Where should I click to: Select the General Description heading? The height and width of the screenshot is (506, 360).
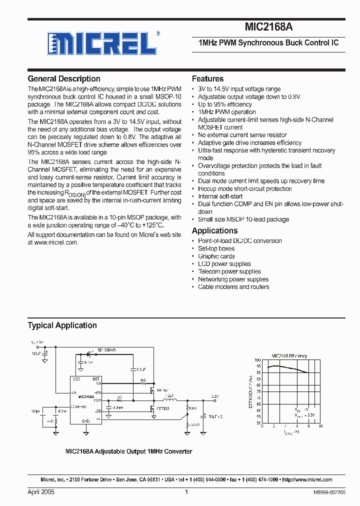[64, 79]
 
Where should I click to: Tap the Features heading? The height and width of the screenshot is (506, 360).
[207, 79]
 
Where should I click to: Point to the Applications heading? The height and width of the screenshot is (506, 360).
[214, 230]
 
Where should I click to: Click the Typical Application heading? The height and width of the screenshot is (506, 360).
[62, 325]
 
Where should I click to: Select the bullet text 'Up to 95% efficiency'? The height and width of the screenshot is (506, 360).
[224, 104]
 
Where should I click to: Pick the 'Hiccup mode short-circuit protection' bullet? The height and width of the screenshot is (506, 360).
[244, 189]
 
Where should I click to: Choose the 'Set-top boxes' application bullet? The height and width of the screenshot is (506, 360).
[216, 248]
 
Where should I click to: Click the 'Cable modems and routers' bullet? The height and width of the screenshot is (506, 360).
[233, 287]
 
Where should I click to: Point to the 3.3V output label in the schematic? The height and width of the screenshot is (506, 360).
[214, 396]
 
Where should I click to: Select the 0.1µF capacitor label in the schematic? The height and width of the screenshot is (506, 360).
[141, 369]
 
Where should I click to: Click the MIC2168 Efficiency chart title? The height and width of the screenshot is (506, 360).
[289, 356]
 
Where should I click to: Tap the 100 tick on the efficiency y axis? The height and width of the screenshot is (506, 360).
[257, 360]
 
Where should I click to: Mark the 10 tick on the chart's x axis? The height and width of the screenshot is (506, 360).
[320, 426]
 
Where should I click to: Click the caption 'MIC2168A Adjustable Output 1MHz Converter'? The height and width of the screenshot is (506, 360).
[129, 451]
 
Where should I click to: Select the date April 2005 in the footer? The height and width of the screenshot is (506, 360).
[41, 492]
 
